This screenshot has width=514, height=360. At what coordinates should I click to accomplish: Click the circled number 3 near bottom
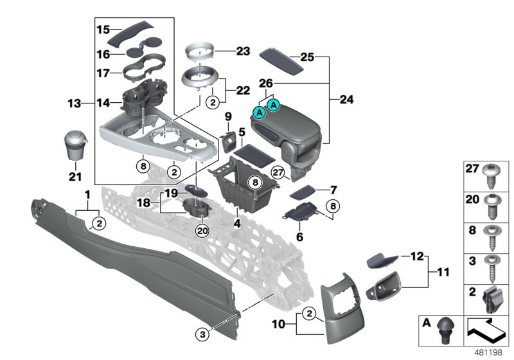(x=204, y=333)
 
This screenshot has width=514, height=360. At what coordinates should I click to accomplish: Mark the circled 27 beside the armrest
(x=278, y=172)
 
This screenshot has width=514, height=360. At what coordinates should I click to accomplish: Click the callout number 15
(x=103, y=30)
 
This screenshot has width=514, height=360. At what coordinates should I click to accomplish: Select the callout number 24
(x=346, y=100)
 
